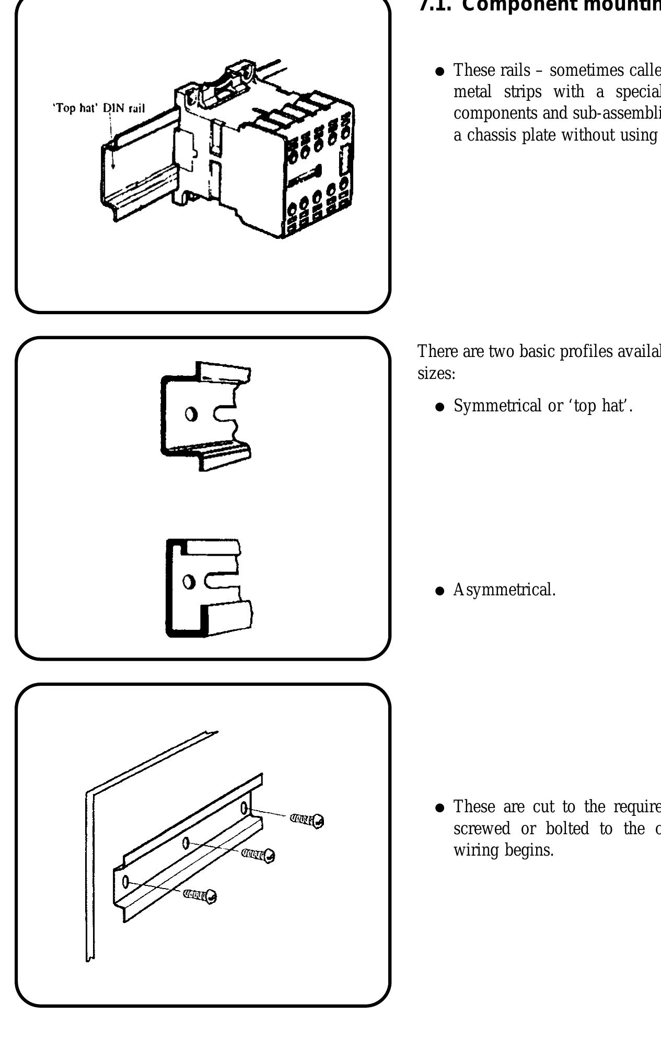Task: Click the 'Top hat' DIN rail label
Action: coord(100,110)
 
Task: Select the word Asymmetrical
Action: coord(504,590)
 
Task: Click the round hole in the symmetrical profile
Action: coord(192,414)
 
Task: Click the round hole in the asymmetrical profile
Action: coord(191,581)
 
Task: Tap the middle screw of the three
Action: coord(259,855)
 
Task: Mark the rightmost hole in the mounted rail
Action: coord(244,809)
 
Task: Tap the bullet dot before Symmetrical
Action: coord(440,407)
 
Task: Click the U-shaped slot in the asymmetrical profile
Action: coord(222,581)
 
